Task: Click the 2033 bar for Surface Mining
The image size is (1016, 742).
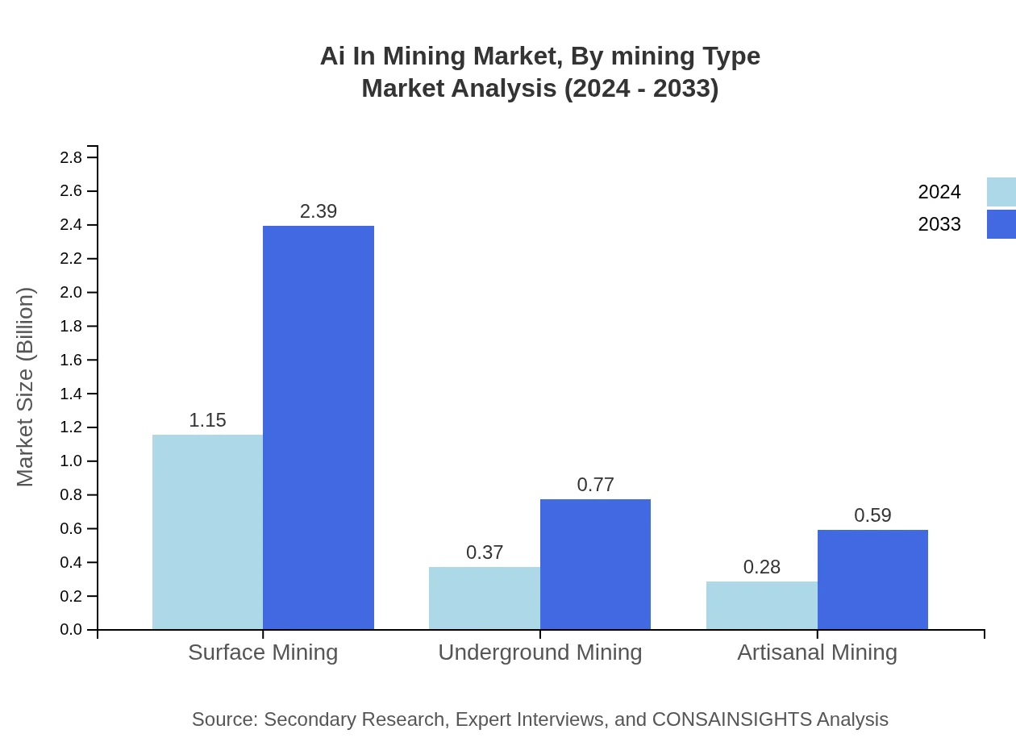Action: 319,427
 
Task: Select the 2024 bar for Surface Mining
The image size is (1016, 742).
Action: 207,532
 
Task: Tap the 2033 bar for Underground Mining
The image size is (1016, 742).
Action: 595,565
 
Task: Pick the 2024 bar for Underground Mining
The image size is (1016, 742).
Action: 484,598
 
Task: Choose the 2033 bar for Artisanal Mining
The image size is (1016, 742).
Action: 872,580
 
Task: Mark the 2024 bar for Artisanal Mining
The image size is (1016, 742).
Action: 761,606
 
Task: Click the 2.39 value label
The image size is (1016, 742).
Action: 319,211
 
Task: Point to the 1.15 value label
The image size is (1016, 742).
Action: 207,420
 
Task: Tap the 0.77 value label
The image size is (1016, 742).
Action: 595,485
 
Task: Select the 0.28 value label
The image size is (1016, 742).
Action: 761,567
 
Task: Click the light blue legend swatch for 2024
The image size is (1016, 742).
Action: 1001,192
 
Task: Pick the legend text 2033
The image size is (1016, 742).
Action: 939,224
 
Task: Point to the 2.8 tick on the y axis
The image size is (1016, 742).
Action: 71,157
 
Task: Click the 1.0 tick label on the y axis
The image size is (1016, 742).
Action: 71,461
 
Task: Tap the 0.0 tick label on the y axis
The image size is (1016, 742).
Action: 71,630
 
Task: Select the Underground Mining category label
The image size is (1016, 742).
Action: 539,652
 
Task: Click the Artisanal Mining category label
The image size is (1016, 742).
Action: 817,652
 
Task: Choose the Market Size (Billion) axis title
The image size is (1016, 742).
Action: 25,387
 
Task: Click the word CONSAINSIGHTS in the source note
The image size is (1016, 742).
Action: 731,719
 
